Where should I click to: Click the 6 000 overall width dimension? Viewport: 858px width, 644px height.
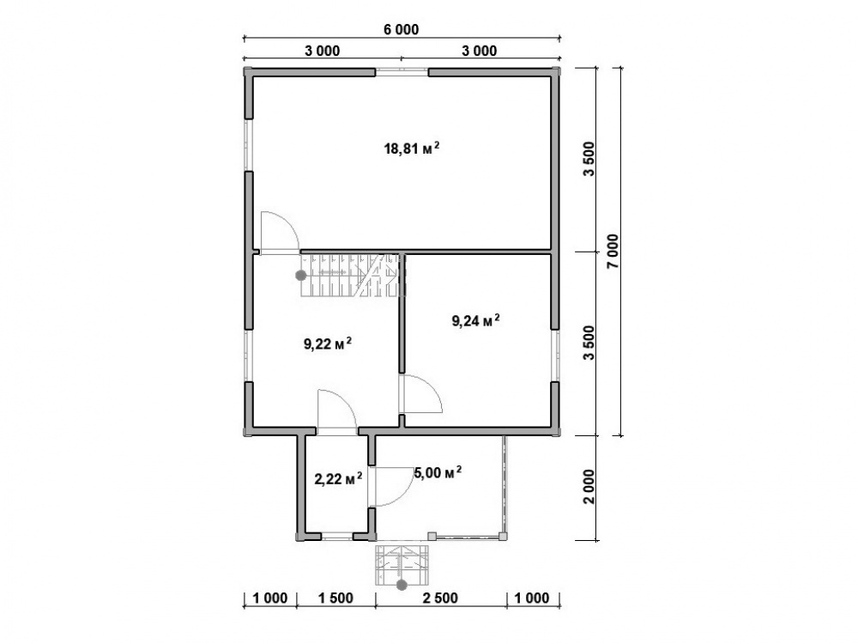[401, 29]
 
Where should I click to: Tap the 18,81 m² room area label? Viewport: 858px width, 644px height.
[412, 149]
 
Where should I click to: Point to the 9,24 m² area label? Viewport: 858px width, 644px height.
[475, 320]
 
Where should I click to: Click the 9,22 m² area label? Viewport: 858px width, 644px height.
[327, 344]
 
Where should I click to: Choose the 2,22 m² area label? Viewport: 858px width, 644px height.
[338, 480]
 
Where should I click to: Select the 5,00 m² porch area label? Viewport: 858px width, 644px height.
[438, 472]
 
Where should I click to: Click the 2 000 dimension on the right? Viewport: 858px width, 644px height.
[589, 487]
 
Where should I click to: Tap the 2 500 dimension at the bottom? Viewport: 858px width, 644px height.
[440, 598]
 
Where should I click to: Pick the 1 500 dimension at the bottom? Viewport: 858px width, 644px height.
[335, 598]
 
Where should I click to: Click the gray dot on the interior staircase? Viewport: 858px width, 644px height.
[301, 276]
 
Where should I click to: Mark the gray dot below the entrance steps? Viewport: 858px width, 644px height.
[402, 585]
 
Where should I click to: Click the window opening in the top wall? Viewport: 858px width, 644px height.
[402, 71]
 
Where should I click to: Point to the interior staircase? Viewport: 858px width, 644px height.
[353, 275]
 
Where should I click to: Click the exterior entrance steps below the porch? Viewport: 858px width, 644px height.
[402, 563]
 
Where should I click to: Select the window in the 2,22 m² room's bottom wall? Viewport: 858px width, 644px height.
[336, 537]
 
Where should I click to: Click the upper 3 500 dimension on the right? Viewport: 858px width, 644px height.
[589, 159]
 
